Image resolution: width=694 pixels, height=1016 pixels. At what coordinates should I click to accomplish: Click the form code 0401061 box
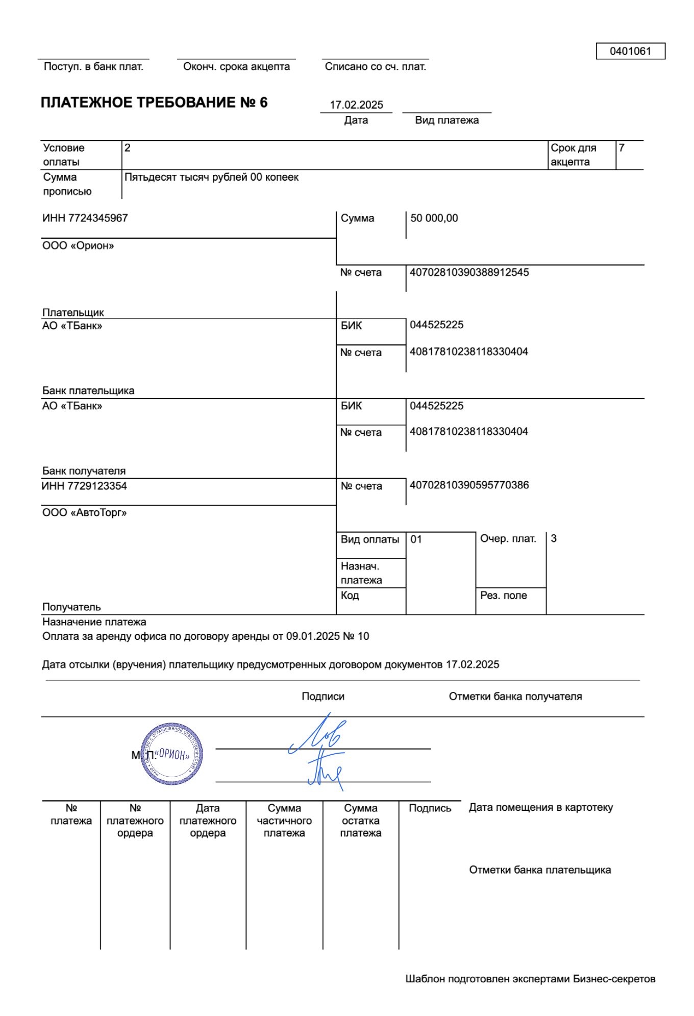[x=630, y=51]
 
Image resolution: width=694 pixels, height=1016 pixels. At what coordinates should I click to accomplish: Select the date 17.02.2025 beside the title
[x=356, y=105]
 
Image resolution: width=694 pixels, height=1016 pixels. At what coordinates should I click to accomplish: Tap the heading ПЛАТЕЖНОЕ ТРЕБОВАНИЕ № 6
[x=154, y=103]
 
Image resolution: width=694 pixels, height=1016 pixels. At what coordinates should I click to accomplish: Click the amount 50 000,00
[x=434, y=218]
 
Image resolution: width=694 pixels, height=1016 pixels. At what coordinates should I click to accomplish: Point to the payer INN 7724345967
[x=85, y=218]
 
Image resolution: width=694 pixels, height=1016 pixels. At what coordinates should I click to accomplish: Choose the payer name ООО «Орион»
[x=78, y=246]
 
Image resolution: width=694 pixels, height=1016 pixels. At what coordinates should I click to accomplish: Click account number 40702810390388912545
[x=469, y=272]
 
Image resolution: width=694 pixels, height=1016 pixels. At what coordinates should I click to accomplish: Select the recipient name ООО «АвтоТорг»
[x=85, y=513]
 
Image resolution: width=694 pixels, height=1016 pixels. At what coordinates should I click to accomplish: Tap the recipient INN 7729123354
[x=85, y=486]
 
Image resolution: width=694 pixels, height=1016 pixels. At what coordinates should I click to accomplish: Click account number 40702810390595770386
[x=469, y=485]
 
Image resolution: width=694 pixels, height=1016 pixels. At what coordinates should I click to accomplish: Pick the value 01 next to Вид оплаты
[x=416, y=539]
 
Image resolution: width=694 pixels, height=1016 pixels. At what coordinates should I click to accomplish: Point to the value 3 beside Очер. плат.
[x=554, y=539]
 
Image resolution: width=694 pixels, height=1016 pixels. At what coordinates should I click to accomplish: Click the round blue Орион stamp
[x=172, y=754]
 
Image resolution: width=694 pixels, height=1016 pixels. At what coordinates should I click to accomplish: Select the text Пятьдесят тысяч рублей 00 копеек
[x=212, y=178]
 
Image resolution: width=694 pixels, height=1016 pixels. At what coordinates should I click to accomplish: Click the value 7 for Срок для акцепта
[x=622, y=148]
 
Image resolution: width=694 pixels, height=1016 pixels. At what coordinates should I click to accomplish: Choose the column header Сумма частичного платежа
[x=284, y=821]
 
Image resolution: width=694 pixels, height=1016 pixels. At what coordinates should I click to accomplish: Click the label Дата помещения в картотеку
[x=541, y=808]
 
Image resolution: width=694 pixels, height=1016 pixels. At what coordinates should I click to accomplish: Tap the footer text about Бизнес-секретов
[x=530, y=979]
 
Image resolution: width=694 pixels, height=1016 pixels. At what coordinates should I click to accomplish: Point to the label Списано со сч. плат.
[x=376, y=67]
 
